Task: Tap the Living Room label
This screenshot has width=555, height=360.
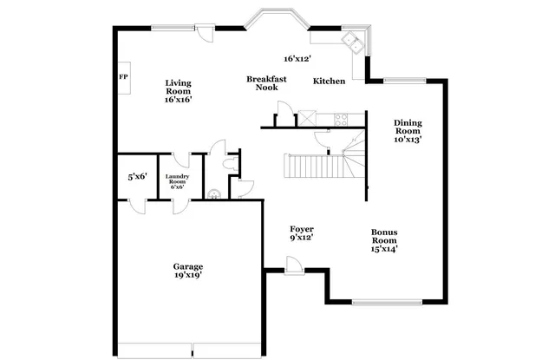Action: [x=179, y=91]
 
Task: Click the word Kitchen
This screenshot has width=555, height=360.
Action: [x=330, y=82]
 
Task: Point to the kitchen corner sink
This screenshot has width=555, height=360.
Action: [x=353, y=42]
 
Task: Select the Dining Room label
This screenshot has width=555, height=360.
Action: [x=408, y=130]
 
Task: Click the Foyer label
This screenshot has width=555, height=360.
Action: [x=301, y=232]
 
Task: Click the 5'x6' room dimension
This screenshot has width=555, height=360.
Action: [x=137, y=177]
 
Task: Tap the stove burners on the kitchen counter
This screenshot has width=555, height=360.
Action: [x=339, y=118]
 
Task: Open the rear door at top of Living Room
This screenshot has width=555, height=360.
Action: [x=203, y=32]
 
